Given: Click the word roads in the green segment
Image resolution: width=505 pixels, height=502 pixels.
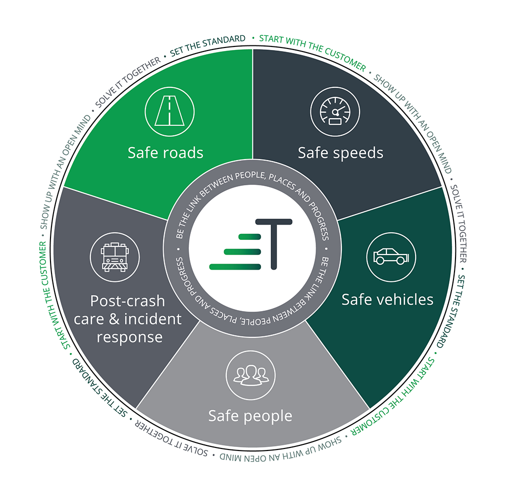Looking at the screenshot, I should pos(183,153).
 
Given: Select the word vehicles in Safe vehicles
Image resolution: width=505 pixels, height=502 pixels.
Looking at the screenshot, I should pos(406,299).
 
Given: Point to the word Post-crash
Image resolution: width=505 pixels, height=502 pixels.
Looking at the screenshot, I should pos(127,301).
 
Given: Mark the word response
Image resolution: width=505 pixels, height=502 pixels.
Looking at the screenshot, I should pos(130,337).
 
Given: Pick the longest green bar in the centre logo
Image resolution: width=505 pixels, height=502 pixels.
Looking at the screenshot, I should pos(235,266).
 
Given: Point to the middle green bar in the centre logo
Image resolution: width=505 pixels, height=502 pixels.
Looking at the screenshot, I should pos(242,251).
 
